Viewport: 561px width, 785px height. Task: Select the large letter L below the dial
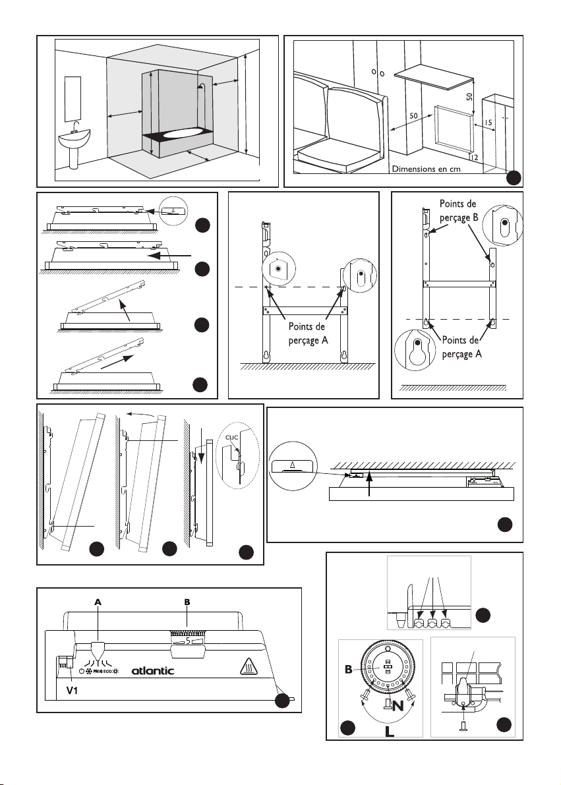coord(390,731)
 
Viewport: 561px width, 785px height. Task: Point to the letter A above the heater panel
coord(98,602)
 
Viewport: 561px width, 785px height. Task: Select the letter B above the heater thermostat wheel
coord(188,602)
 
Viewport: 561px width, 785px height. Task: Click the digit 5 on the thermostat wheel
coord(187,639)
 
